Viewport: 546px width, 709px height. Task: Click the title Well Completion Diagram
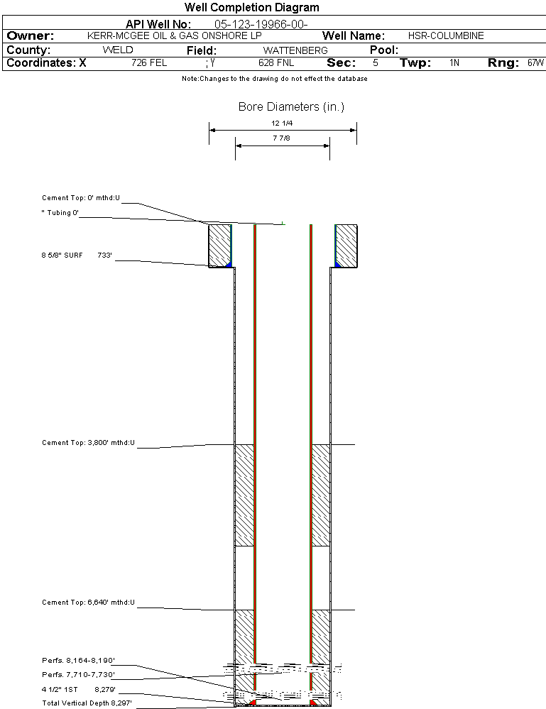[x=251, y=7]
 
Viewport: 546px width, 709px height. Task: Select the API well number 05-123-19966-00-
[x=261, y=24]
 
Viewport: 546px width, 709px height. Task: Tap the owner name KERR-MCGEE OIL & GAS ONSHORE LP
[x=174, y=35]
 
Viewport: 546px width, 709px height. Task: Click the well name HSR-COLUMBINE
[x=446, y=35]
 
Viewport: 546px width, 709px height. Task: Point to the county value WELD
[x=118, y=50]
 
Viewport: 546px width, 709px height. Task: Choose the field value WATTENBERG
[x=295, y=50]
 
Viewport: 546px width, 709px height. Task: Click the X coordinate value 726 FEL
[x=149, y=63]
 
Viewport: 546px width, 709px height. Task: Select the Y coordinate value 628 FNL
[x=276, y=63]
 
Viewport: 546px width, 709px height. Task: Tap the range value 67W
[x=535, y=63]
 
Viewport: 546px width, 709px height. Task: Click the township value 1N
[x=454, y=63]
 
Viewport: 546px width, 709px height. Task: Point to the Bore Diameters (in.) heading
[x=291, y=106]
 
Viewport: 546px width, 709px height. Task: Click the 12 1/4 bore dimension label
[x=282, y=123]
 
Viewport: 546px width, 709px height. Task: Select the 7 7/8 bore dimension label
[x=281, y=138]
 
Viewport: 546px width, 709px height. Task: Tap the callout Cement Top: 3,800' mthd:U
[x=88, y=443]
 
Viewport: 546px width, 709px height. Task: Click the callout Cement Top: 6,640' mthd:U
[x=88, y=603]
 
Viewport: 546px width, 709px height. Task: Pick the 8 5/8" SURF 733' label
[x=77, y=255]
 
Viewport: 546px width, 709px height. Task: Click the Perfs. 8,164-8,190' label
[x=78, y=661]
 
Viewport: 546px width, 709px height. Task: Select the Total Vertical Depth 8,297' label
[x=87, y=703]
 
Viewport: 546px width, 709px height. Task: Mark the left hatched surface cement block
[x=220, y=246]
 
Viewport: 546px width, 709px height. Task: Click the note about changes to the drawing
[x=275, y=79]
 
